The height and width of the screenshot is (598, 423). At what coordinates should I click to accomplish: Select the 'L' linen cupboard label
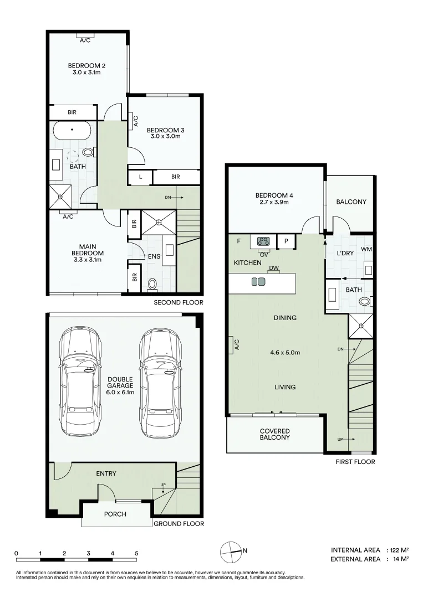click(x=141, y=177)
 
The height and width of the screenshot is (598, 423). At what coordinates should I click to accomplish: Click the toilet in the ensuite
click(x=153, y=284)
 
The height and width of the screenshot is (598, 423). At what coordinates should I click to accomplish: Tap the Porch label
click(x=115, y=514)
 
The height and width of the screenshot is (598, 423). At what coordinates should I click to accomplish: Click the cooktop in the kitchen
click(x=263, y=241)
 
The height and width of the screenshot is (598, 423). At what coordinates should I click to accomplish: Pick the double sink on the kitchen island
click(x=258, y=281)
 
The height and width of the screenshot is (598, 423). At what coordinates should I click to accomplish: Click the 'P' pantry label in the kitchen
click(x=286, y=241)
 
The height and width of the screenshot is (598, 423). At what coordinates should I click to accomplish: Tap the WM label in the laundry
click(x=366, y=250)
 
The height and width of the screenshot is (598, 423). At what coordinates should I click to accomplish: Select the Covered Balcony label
click(x=275, y=434)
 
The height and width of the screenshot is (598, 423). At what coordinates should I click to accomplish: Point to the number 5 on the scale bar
click(x=136, y=553)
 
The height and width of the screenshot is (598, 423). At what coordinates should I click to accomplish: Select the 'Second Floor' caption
click(x=179, y=303)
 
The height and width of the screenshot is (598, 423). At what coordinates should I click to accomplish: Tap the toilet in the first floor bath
click(x=364, y=302)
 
